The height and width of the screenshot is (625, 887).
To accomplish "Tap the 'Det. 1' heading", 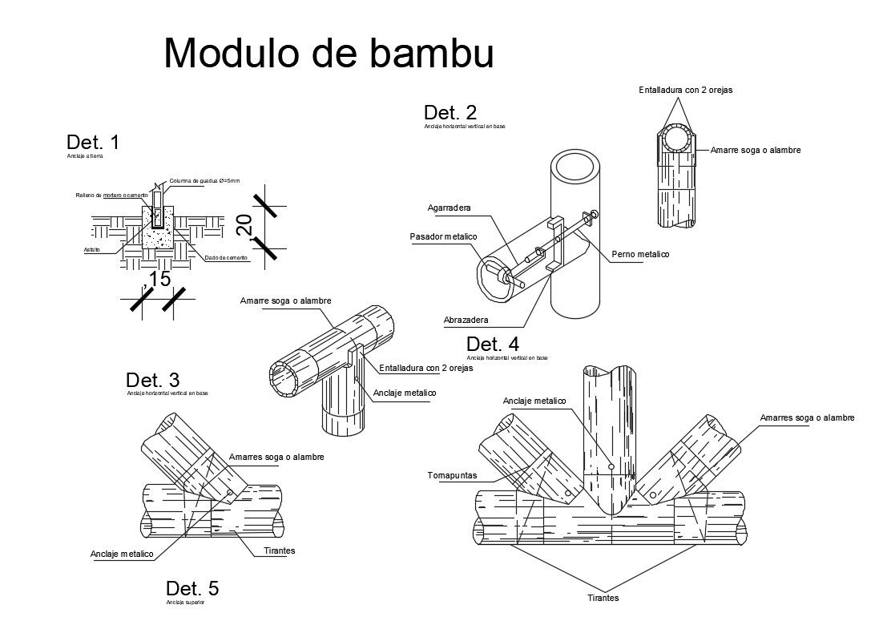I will pos(93,143).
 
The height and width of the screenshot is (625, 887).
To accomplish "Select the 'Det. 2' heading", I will pos(450,113).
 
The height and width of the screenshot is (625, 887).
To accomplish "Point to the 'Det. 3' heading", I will pos(152,380).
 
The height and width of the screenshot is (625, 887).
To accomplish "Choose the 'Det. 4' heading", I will pos(492,345).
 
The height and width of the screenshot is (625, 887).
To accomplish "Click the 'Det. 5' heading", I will pos(192,589).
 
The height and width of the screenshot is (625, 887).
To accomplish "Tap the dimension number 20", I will pos(245,225).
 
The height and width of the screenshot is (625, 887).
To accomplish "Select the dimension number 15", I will pos(156,279).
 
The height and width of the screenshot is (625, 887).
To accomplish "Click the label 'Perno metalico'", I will pos(639,254).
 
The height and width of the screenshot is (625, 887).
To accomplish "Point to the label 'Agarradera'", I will pos(449,208).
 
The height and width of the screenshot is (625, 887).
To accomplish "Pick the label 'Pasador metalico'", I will pos(443,236).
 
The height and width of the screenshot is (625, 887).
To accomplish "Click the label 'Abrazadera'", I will pos(466,320).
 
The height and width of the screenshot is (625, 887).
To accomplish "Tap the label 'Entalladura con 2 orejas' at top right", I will pos(685,90).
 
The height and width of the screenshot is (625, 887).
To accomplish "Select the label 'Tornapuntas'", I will pos(453,475).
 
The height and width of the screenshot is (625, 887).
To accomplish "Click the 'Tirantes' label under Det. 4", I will pos(603,598).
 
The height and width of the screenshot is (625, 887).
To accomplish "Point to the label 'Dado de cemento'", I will pos(227,258).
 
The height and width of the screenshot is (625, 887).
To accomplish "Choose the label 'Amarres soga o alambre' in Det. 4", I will pos(807,417).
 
